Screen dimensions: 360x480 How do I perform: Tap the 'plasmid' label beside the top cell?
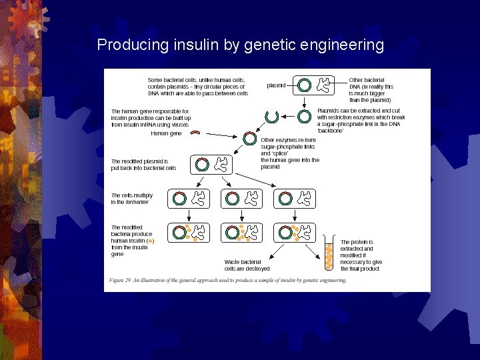276,85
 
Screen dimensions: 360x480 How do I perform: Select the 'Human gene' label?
166,133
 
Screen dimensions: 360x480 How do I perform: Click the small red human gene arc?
195,133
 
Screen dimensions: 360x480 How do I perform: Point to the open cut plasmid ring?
271,117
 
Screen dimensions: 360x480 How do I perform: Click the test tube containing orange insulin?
329,252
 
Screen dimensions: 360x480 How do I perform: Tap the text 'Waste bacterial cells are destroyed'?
247,265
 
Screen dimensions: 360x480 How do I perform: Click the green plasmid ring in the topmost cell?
304,85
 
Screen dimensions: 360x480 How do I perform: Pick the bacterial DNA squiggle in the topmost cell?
325,85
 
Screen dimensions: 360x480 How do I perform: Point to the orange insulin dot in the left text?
150,241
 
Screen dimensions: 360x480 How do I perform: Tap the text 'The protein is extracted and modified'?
361,255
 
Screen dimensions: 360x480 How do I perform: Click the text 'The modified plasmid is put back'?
143,165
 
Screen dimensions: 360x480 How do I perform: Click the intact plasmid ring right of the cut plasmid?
304,117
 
